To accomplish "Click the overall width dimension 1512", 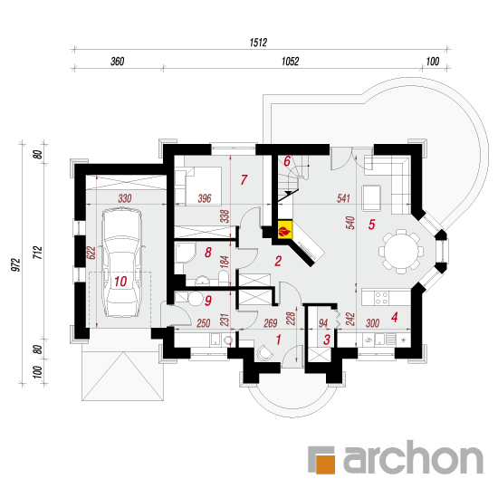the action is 258,43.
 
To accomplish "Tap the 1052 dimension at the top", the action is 290,61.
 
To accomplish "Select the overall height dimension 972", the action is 15,265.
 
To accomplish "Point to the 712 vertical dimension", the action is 37,253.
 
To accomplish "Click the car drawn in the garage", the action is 121,262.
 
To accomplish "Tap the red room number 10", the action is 120,282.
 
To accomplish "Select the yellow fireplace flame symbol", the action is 284,230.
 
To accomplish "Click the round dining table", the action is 401,252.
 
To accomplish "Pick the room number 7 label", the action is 244,180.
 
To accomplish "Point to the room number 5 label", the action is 371,225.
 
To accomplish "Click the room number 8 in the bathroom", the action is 208,253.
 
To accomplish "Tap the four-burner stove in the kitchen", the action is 381,298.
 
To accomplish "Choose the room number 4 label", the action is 395,317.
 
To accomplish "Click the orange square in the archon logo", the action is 325,464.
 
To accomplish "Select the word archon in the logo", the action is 413,456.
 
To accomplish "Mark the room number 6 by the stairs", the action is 287,161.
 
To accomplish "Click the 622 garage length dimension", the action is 91,253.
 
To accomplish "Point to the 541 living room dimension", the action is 343,198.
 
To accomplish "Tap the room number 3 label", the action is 327,340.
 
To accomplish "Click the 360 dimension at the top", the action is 117,61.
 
